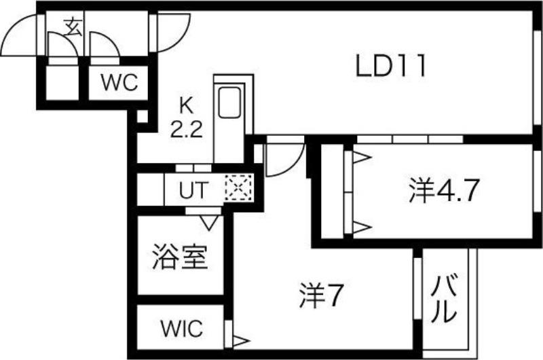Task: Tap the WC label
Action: click(x=119, y=82)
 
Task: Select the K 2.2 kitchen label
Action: click(x=186, y=118)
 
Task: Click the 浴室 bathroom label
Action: click(x=180, y=257)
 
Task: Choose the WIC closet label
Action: click(x=182, y=328)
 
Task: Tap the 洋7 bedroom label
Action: click(x=321, y=295)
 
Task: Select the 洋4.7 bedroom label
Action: click(x=445, y=190)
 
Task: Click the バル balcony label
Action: click(x=444, y=299)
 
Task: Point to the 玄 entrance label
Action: click(x=73, y=27)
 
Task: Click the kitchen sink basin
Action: click(x=229, y=102)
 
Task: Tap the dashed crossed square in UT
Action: click(x=238, y=188)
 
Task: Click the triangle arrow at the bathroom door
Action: click(x=209, y=222)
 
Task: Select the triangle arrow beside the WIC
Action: click(x=241, y=341)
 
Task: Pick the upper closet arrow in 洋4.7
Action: click(x=362, y=158)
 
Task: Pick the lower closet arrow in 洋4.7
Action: click(x=362, y=228)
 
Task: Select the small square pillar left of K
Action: click(x=142, y=116)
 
